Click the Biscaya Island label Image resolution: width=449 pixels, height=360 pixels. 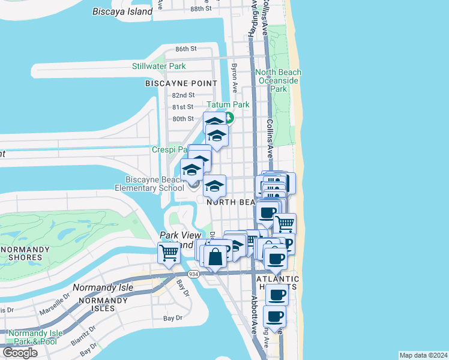click(x=123, y=11)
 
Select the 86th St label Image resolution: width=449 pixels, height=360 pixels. click(x=186, y=49)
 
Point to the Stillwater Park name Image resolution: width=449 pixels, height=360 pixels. click(x=159, y=66)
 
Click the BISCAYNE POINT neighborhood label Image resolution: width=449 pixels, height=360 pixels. click(x=176, y=84)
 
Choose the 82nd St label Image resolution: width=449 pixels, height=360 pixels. click(x=183, y=95)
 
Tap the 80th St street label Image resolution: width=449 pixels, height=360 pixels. click(x=183, y=119)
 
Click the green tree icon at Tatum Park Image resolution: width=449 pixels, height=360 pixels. click(x=229, y=116)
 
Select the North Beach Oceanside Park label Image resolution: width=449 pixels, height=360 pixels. click(x=278, y=80)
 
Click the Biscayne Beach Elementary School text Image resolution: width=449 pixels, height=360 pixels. click(x=149, y=184)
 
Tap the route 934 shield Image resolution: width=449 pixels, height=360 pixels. click(x=193, y=274)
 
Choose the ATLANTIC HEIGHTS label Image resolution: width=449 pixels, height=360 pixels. click(x=278, y=284)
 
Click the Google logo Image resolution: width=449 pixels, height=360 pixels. click(x=20, y=353)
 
